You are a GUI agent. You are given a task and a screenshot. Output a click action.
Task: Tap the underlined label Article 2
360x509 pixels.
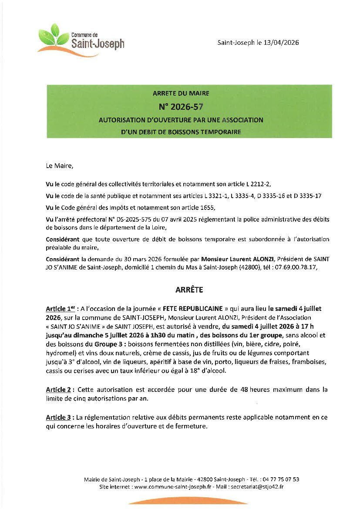(58, 389)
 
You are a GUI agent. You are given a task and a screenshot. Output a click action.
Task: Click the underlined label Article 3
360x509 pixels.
(58, 418)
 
